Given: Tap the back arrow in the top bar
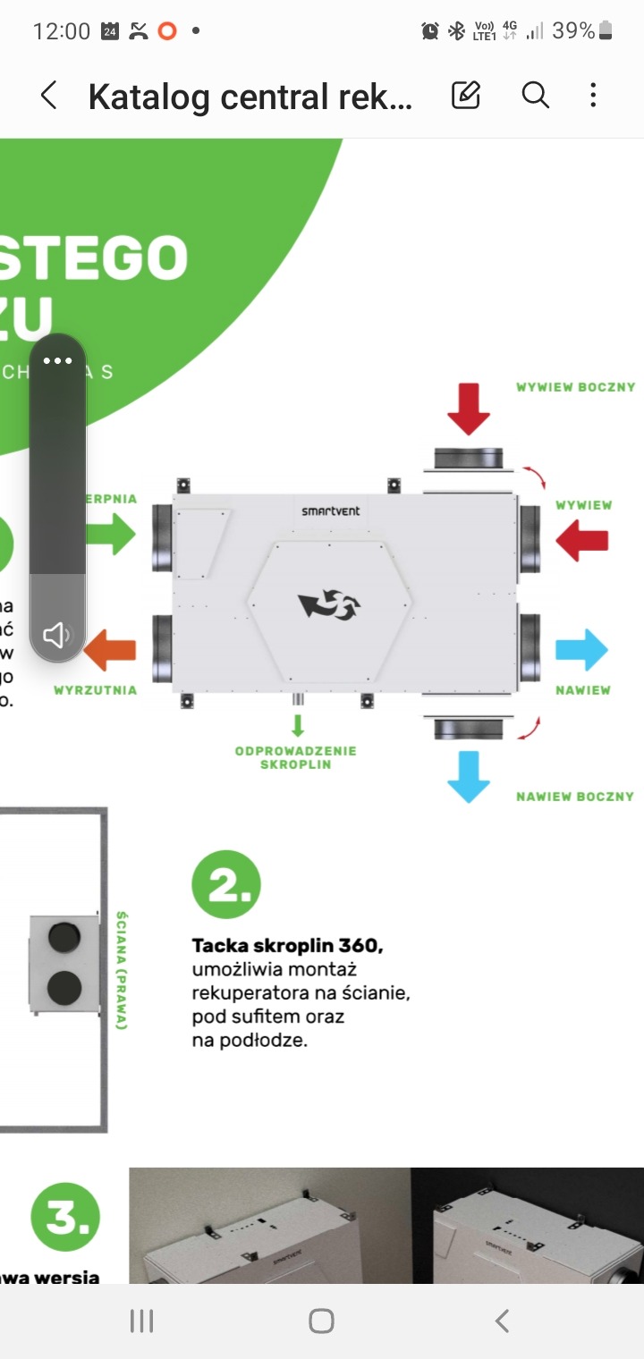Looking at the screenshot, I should pyautogui.click(x=49, y=96).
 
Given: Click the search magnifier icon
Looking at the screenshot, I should pyautogui.click(x=535, y=95).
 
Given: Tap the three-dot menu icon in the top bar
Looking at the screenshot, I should pyautogui.click(x=593, y=95).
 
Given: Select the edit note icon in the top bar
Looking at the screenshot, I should pyautogui.click(x=466, y=95).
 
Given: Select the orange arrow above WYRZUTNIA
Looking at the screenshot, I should pyautogui.click(x=110, y=650).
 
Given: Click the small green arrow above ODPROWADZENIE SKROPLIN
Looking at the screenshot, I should pyautogui.click(x=298, y=724).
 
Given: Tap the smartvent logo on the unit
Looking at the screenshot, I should pyautogui.click(x=331, y=511).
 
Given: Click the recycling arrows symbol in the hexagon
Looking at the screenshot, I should pyautogui.click(x=329, y=605).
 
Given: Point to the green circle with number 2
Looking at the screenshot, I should pyautogui.click(x=226, y=884).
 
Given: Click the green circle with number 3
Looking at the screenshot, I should pyautogui.click(x=65, y=1217).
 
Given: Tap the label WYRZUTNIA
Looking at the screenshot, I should pyautogui.click(x=96, y=690).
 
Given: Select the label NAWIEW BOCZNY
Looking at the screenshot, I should pyautogui.click(x=575, y=797).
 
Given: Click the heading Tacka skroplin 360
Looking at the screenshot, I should pyautogui.click(x=287, y=946).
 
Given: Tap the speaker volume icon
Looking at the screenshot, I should pyautogui.click(x=57, y=636).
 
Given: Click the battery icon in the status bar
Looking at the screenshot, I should pyautogui.click(x=606, y=31).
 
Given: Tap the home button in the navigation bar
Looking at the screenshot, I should pyautogui.click(x=321, y=1321).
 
